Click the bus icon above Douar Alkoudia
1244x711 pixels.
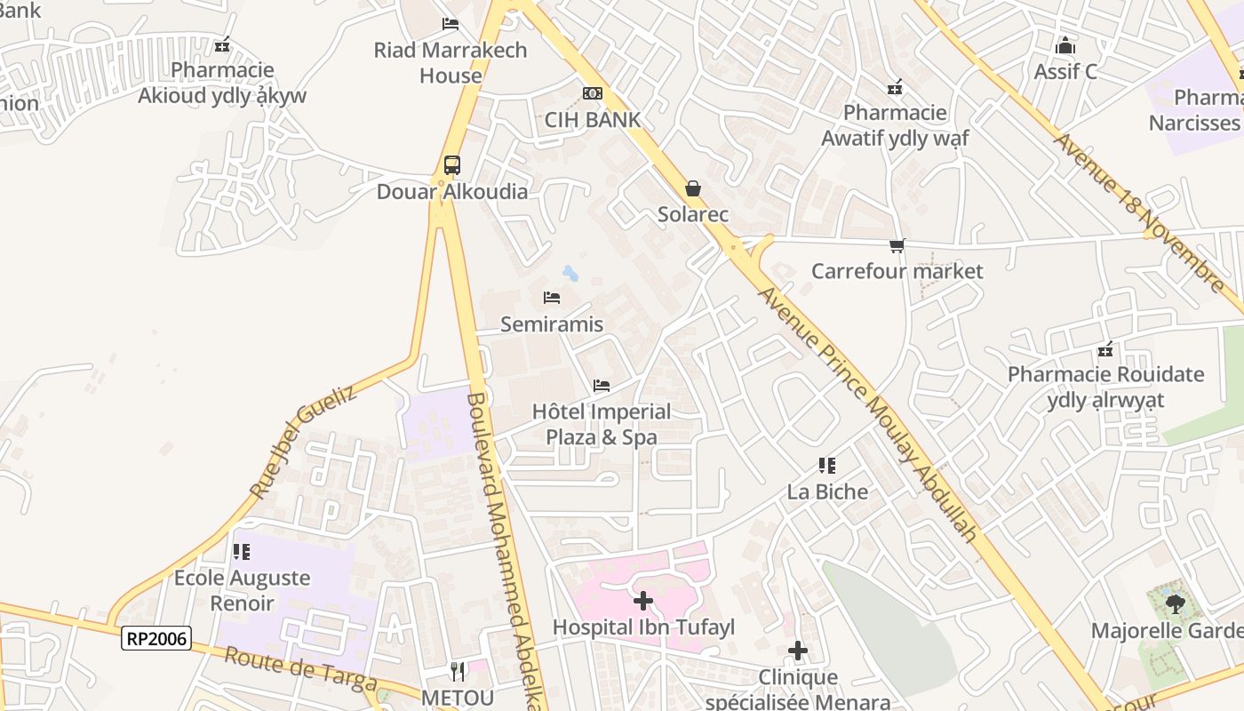click(x=452, y=164)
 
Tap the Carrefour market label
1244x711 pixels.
click(x=897, y=271)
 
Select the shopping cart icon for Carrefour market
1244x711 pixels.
click(x=897, y=245)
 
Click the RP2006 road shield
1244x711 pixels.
click(x=157, y=637)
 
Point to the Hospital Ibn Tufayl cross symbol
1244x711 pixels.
click(x=642, y=602)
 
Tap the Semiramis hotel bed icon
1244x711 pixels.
click(x=552, y=298)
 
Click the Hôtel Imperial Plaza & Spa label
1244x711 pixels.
click(x=602, y=424)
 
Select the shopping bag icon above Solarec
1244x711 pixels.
click(x=692, y=188)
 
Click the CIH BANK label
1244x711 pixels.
click(x=592, y=120)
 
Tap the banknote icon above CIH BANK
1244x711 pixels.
click(x=592, y=93)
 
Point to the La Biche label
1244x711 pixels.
click(x=827, y=491)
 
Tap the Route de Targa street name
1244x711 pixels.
click(x=299, y=669)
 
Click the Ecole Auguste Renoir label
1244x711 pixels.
click(x=242, y=590)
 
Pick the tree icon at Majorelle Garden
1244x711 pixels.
click(x=1175, y=604)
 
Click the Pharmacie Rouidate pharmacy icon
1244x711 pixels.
click(x=1105, y=350)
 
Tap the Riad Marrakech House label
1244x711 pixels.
click(x=451, y=62)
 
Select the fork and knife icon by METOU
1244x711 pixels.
click(x=458, y=671)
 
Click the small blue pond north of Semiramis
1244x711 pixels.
click(x=570, y=273)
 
